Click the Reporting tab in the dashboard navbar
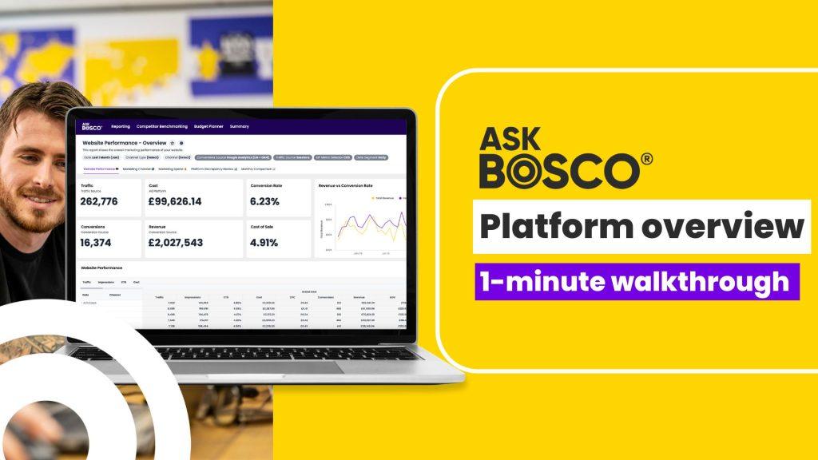(x=121, y=126)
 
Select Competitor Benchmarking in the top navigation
(x=161, y=126)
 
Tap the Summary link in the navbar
(x=239, y=126)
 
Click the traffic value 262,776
(x=99, y=201)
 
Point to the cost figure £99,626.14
(x=175, y=201)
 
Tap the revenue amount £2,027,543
(x=175, y=242)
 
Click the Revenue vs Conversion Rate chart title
(x=345, y=185)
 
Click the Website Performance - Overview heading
(x=124, y=142)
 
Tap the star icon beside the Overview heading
(x=172, y=142)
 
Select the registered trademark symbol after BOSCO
(x=645, y=158)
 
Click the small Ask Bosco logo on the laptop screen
(x=92, y=126)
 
